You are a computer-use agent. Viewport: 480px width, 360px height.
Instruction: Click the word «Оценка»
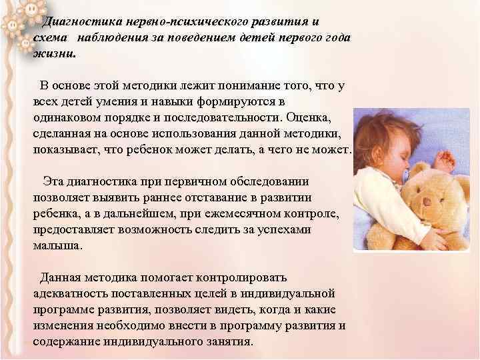(317, 117)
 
